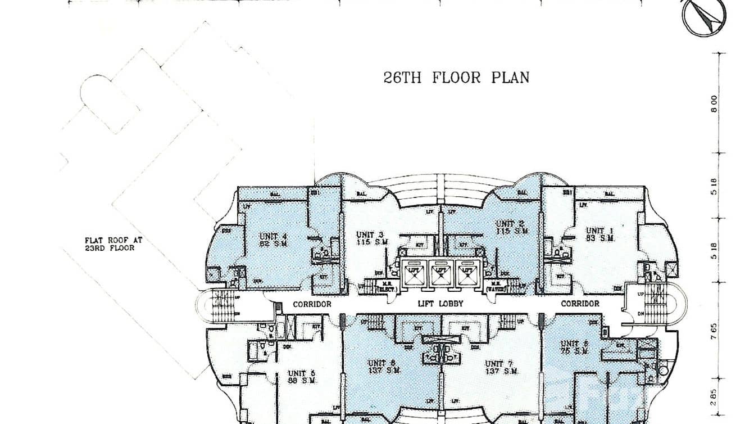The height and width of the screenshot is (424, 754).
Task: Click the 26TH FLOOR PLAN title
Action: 456,77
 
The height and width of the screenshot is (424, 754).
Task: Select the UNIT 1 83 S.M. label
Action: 599,234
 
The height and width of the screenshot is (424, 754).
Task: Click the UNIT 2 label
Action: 510,227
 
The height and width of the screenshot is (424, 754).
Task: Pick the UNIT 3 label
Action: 370,238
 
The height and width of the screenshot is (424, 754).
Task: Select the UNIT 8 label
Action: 574,347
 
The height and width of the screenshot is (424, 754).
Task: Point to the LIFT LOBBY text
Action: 439,304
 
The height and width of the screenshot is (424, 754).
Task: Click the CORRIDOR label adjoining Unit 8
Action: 580,304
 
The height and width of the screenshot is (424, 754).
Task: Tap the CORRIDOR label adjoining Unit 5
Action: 312,304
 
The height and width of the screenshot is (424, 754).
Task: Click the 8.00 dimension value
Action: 714,103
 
